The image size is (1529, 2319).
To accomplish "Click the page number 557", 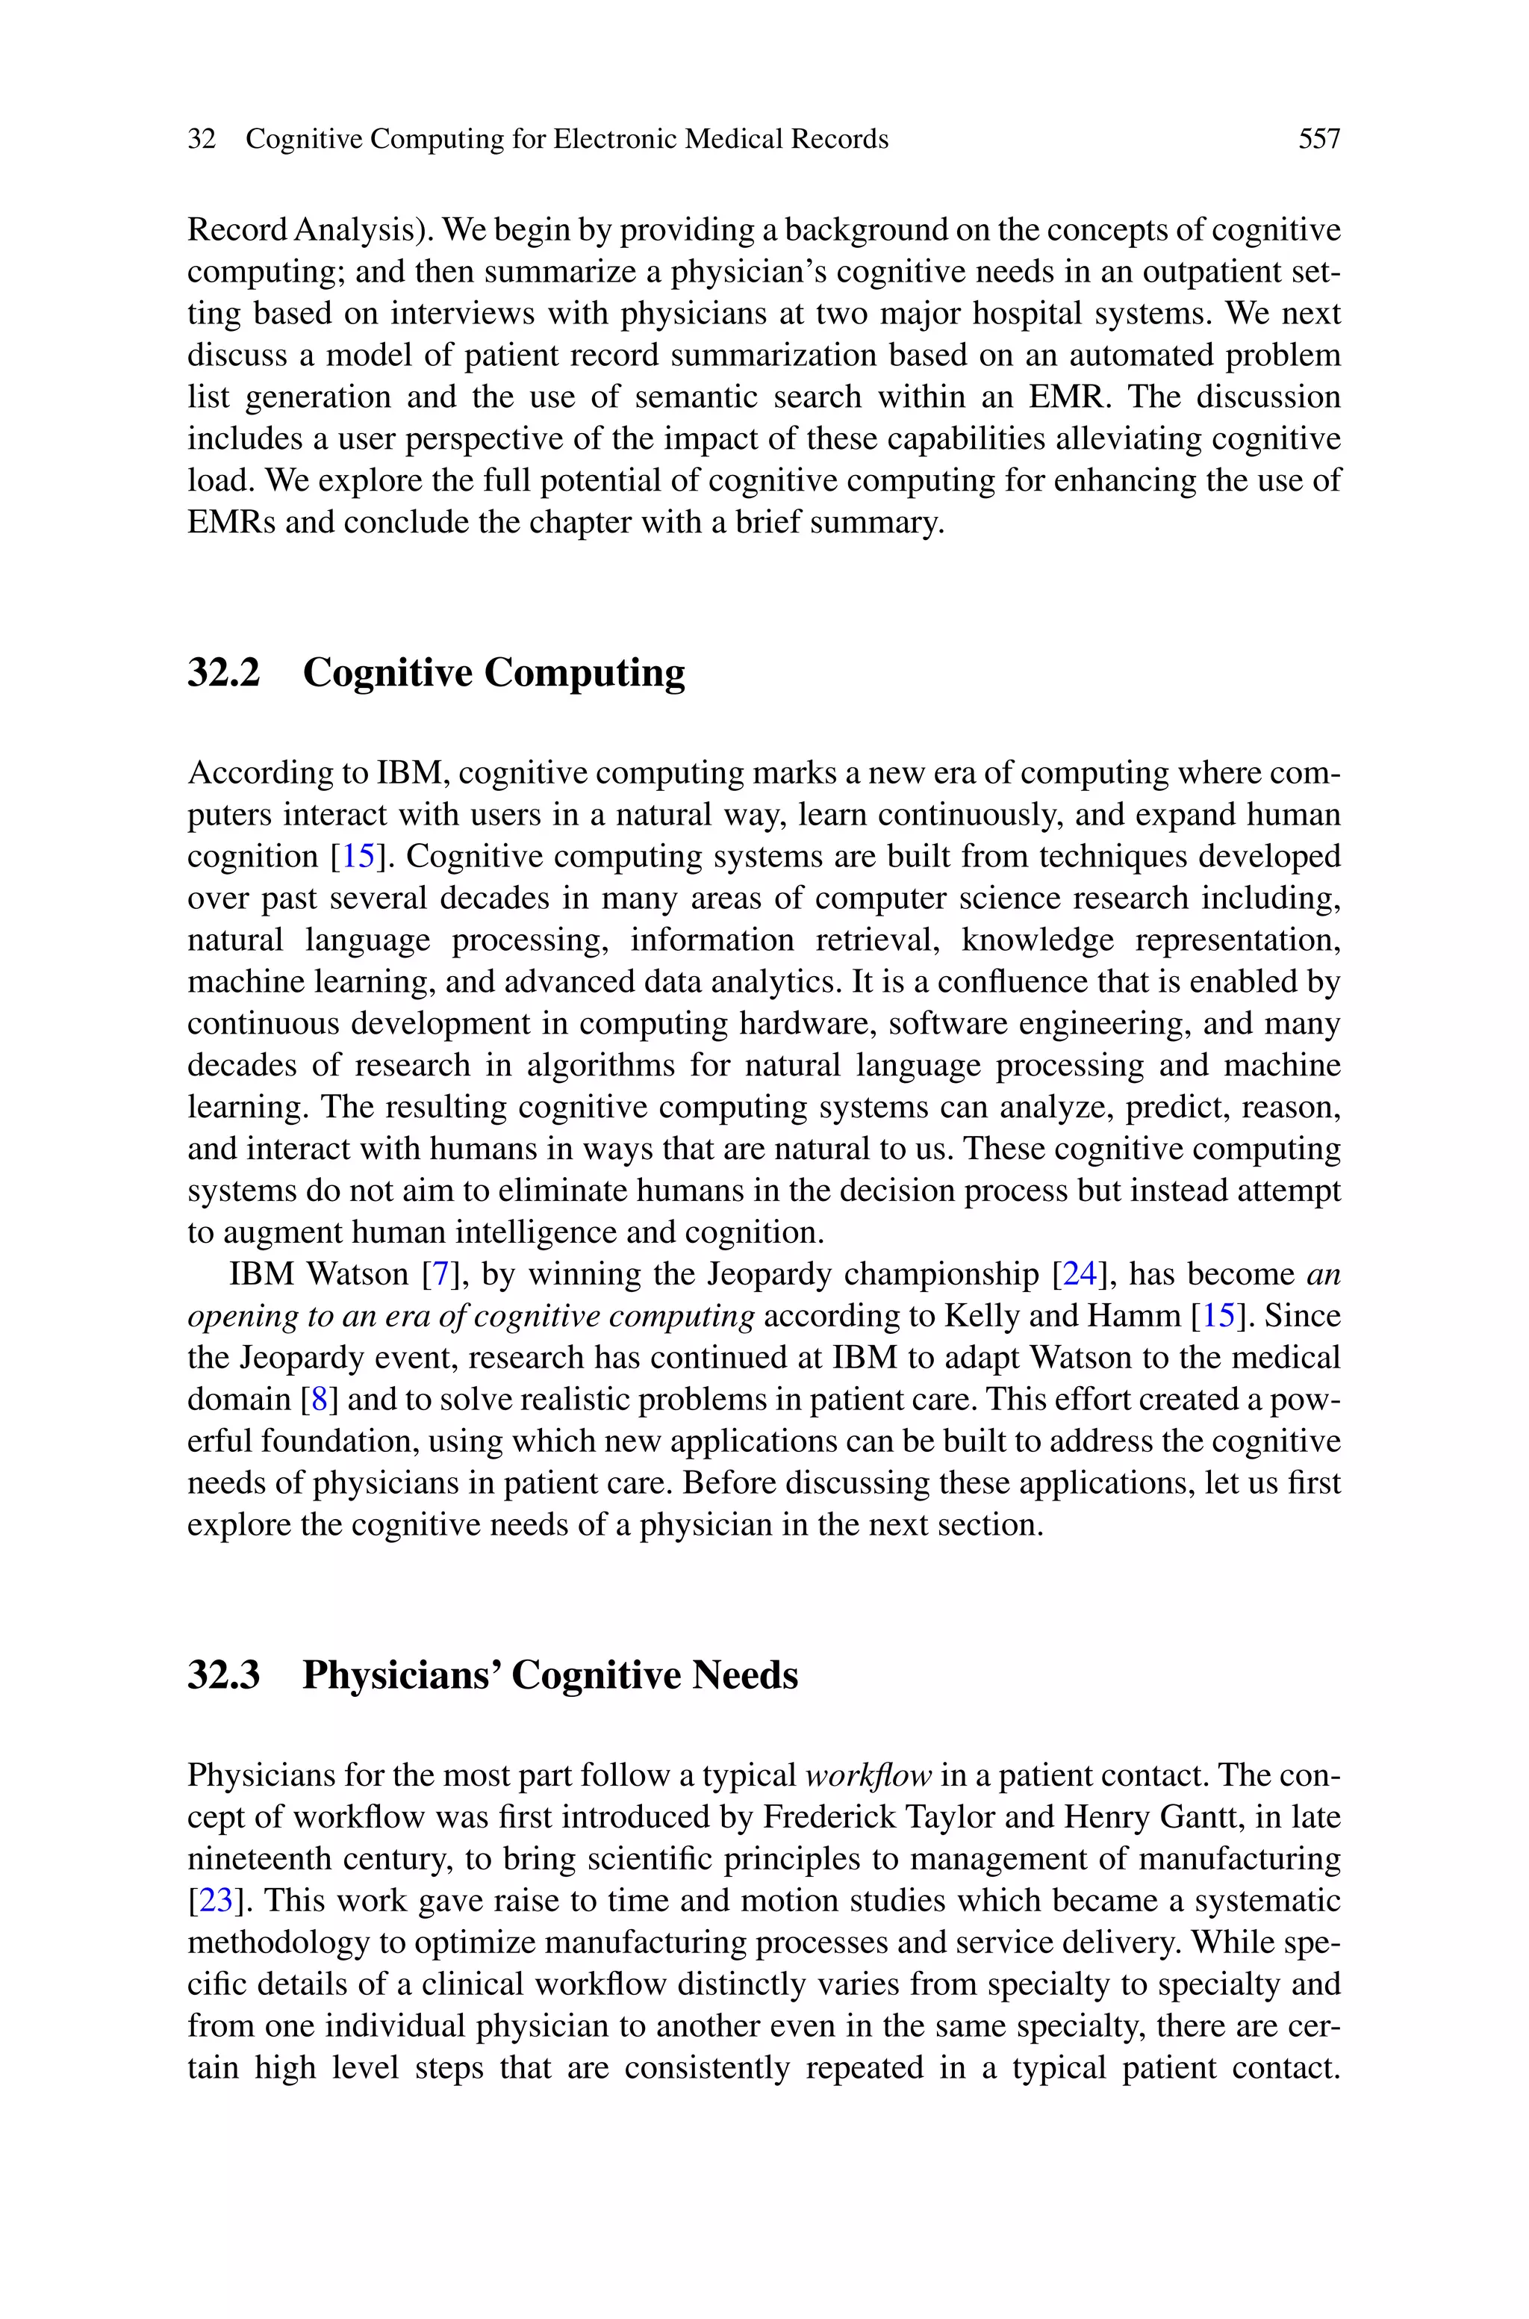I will pyautogui.click(x=1318, y=140).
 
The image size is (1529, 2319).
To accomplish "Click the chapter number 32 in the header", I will pyautogui.click(x=201, y=140).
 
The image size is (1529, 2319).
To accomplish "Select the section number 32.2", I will pyautogui.click(x=223, y=673).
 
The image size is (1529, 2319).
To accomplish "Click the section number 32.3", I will pyautogui.click(x=223, y=1675).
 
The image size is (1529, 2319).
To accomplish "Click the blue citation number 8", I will pyautogui.click(x=319, y=1400).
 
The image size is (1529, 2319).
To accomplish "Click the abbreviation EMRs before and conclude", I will pyautogui.click(x=231, y=523).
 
